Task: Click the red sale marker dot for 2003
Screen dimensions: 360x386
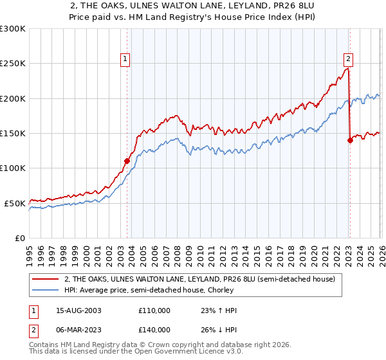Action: [x=127, y=161]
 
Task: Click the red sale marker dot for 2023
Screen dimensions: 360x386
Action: [x=350, y=140]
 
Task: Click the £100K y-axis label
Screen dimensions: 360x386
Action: [x=13, y=168]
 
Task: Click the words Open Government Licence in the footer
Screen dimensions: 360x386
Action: [x=173, y=353]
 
